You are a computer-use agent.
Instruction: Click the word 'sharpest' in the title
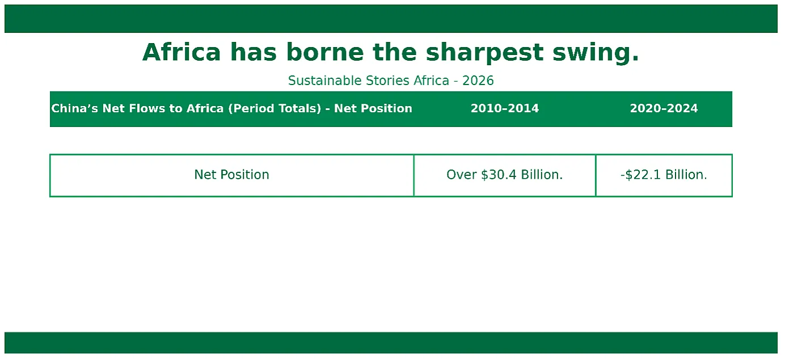click(484, 53)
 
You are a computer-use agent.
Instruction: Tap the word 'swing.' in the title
click(596, 53)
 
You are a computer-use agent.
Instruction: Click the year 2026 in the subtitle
click(478, 81)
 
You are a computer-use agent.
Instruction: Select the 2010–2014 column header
click(505, 108)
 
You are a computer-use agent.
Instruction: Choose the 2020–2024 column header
click(664, 108)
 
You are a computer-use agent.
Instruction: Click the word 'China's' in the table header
click(74, 108)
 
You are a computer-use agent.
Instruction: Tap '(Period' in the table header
click(251, 108)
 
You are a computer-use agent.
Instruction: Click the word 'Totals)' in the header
click(299, 108)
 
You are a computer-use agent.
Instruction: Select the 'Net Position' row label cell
click(231, 175)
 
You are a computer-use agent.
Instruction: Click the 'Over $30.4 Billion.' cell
click(505, 175)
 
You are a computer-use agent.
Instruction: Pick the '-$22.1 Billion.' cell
click(664, 175)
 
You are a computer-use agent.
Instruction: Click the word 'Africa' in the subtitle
click(432, 81)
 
